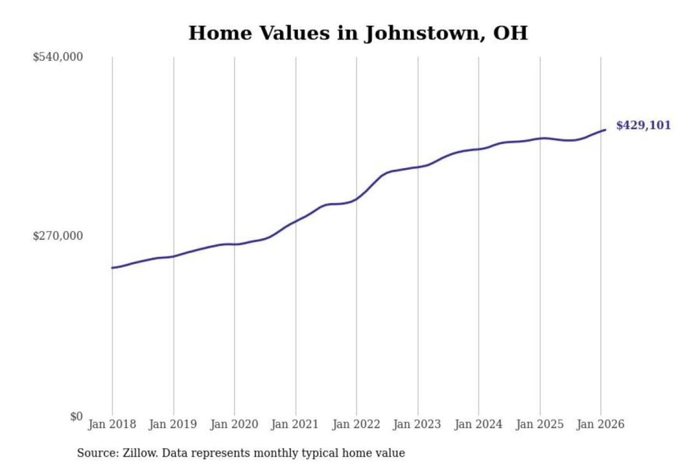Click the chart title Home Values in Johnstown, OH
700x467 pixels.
(x=358, y=33)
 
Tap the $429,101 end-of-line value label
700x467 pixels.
(x=643, y=126)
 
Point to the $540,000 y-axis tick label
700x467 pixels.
(x=58, y=57)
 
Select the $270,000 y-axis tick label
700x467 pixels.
(x=58, y=236)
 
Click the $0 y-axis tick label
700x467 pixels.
(x=76, y=416)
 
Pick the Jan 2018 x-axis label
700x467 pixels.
(x=112, y=424)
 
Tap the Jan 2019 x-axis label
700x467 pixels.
(x=173, y=424)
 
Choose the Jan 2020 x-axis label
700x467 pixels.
(x=234, y=424)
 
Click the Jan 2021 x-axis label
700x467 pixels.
(x=295, y=424)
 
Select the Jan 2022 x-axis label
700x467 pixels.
(x=356, y=424)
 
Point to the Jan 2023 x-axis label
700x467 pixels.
(x=417, y=424)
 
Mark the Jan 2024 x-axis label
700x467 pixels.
(x=478, y=424)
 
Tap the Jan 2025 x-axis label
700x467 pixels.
(x=539, y=424)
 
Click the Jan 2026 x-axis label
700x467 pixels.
(x=600, y=424)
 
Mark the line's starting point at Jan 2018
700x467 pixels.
(x=112, y=268)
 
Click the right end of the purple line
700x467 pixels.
(x=605, y=130)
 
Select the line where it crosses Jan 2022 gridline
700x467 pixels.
(x=356, y=199)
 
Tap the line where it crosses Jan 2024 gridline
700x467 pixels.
(x=478, y=149)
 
